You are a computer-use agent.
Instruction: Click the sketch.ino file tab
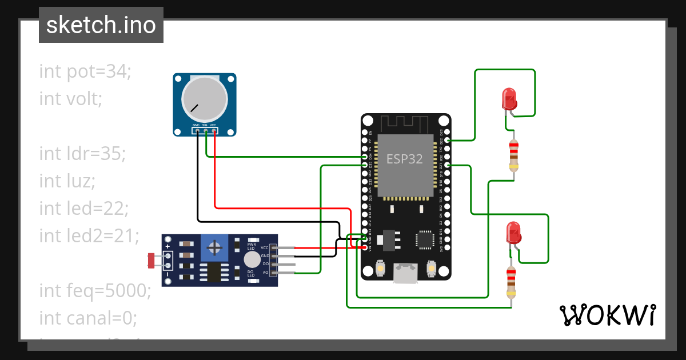coord(101,25)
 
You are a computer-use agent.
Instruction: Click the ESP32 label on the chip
coord(405,159)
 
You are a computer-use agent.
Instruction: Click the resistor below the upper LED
coord(514,155)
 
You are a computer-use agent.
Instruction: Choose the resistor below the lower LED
coord(511,282)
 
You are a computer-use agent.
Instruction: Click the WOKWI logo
coord(607,315)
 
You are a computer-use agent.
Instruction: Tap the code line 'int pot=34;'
coord(85,71)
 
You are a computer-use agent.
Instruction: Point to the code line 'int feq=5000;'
coord(95,290)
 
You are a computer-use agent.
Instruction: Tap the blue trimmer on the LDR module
coord(215,247)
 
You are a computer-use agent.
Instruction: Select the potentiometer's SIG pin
coord(205,131)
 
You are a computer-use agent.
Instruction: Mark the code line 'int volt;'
coord(71,99)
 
